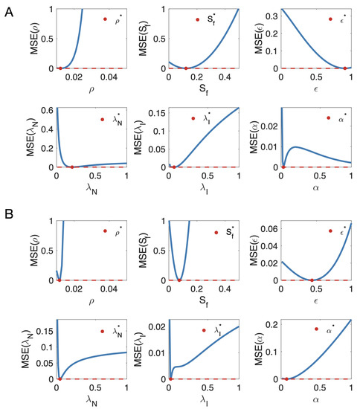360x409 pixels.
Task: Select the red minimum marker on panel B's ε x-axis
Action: tap(312, 280)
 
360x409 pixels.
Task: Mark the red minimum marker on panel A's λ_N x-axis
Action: tap(71, 167)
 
